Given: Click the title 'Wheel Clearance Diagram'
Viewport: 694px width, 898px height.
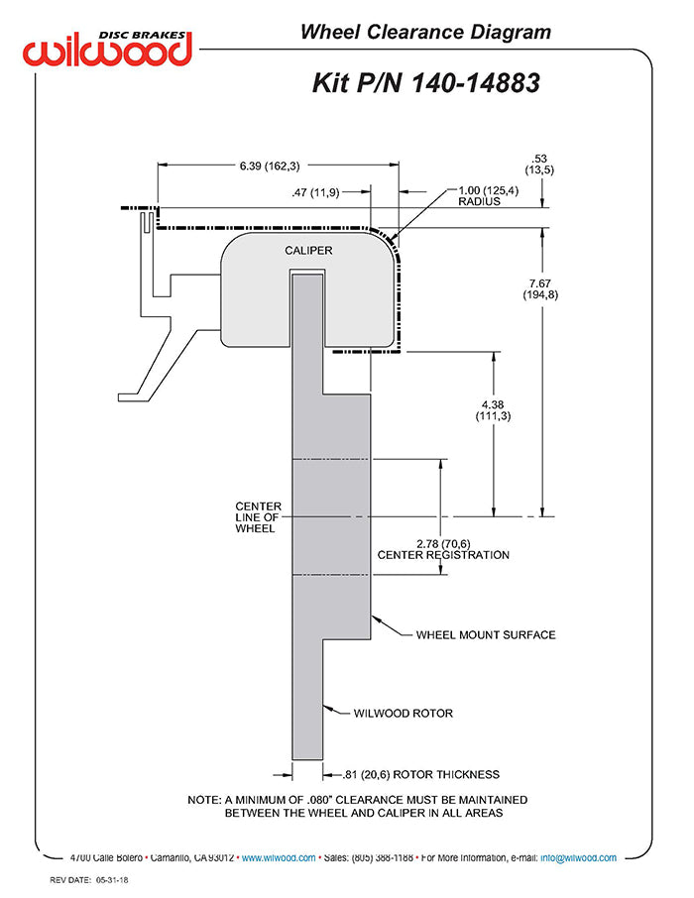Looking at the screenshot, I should [425, 32].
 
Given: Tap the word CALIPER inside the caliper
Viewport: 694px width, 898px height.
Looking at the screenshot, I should [308, 251].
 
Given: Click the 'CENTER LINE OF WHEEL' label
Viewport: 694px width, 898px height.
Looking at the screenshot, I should [258, 517].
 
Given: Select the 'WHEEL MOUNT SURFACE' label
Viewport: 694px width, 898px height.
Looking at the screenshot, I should [486, 634].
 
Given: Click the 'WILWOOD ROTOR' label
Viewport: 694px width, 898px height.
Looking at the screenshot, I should [404, 712].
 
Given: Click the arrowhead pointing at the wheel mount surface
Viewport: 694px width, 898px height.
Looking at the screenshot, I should [376, 618].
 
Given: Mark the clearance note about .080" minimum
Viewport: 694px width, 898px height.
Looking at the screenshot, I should [358, 806].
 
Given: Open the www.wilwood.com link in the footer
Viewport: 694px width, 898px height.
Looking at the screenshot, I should [279, 858].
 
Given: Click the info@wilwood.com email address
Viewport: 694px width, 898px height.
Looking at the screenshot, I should [577, 858].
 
